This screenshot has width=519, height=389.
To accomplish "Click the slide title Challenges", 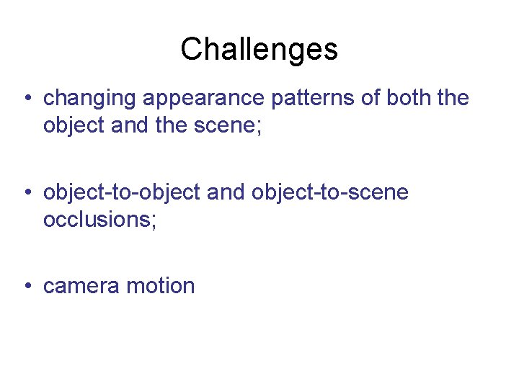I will [x=259, y=50].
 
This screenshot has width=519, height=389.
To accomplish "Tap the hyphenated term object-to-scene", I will [x=330, y=192].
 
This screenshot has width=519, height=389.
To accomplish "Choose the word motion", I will [x=160, y=286].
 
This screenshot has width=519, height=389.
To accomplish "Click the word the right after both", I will [x=453, y=98].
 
